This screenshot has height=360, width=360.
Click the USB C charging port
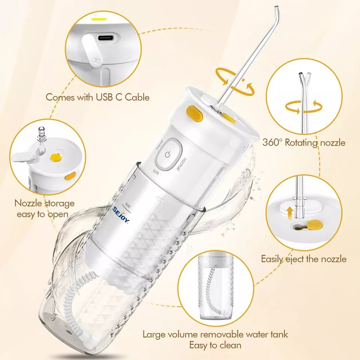coord(106,38)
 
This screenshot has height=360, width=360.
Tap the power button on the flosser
coord(168,154)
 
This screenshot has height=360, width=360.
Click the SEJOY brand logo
coord(121,215)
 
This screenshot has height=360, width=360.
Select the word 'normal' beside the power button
coord(181,164)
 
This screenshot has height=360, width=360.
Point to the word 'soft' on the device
coord(156,172)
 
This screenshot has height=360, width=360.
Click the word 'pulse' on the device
coord(159,144)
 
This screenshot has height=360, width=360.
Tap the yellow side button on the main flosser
coord(194,113)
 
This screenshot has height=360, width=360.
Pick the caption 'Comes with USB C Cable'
coord(98,97)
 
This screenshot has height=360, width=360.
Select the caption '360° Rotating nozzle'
coord(304,143)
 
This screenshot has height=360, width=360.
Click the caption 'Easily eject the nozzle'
coord(304,259)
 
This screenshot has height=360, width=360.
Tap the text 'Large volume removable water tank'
coord(216,334)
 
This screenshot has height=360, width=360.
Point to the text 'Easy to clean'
coord(216,345)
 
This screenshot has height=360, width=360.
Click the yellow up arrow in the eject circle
coord(290,212)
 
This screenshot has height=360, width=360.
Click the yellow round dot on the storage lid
coord(55,157)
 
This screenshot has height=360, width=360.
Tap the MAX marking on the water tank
coord(128,205)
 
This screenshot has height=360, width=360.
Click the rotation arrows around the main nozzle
coord(234,81)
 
